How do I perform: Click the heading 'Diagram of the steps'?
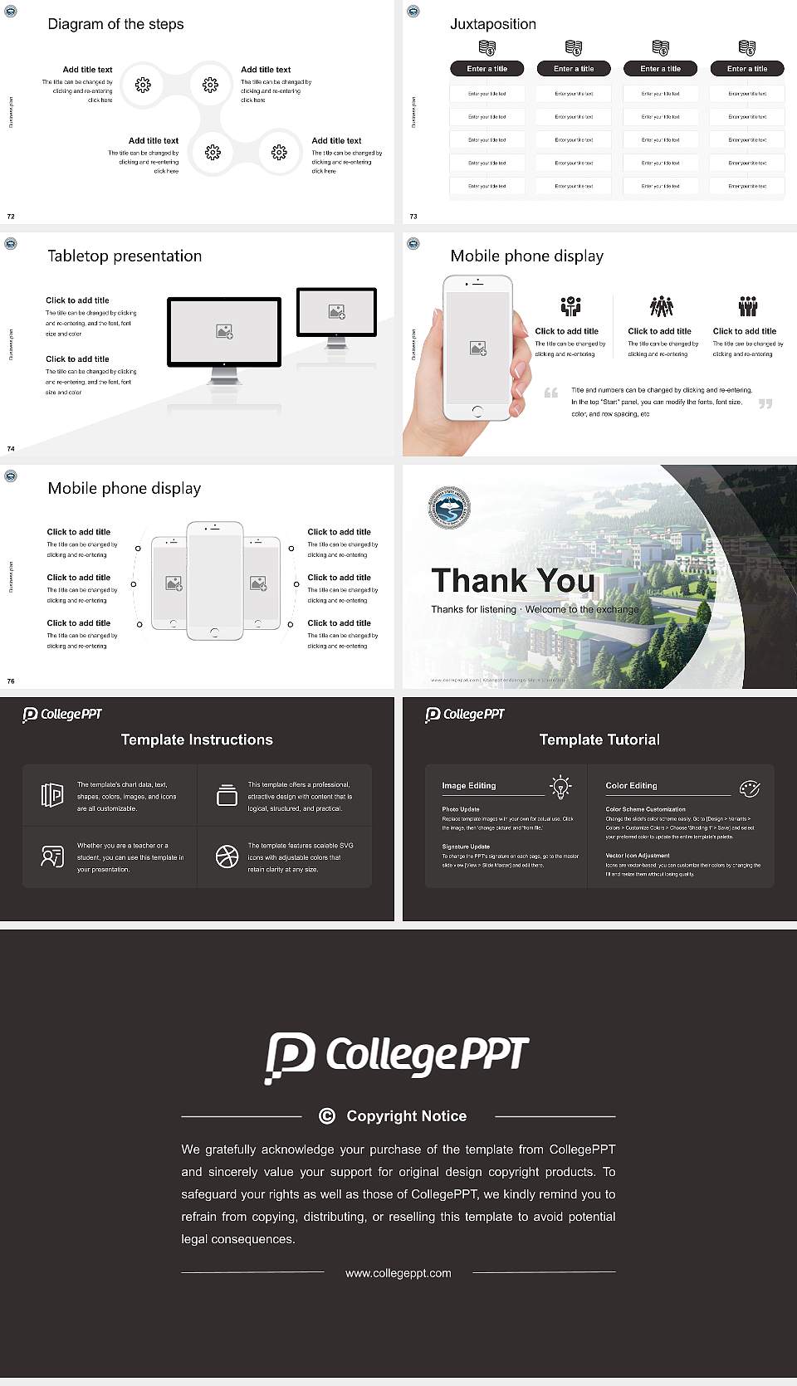point(115,24)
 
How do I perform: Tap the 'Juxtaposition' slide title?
point(492,24)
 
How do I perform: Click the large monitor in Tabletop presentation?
point(224,331)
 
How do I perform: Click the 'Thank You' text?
point(512,580)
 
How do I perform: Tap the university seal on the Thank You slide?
point(449,508)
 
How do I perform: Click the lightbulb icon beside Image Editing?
point(561,787)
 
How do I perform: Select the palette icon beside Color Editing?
point(750,788)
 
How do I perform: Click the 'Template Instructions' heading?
point(197,739)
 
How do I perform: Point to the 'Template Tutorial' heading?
point(599,739)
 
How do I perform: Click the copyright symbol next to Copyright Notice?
point(327,1116)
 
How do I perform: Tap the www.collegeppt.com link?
point(398,1273)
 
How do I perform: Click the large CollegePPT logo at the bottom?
point(397,1057)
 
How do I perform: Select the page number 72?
point(11,217)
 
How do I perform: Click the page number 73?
point(413,217)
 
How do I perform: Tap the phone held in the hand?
point(477,348)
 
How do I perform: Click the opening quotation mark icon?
point(551,393)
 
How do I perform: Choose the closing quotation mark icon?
point(765,403)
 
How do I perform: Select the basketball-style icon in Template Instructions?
point(227,856)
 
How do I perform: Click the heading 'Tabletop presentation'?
point(125,256)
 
